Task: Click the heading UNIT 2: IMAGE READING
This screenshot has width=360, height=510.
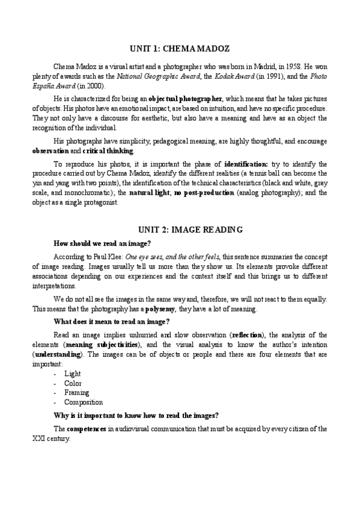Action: [180, 229]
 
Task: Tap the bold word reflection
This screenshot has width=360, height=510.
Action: [248, 335]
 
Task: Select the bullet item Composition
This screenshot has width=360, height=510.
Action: [84, 402]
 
